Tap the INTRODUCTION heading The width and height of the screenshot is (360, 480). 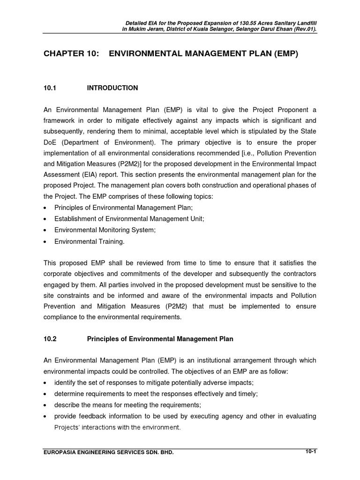pyautogui.click(x=112, y=88)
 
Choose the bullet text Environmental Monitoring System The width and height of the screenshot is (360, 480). pyautogui.click(x=105, y=230)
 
